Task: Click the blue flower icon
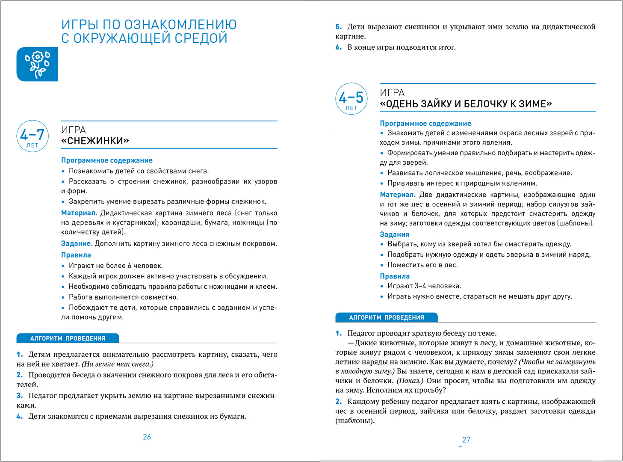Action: coord(37,64)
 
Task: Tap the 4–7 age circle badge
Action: coord(32,136)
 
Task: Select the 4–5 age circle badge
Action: coord(351,99)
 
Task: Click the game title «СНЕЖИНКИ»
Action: coord(95,141)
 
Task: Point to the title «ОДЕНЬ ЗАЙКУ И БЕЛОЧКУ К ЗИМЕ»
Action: coord(466,104)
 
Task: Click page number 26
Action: coord(147,437)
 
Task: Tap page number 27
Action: coord(466,440)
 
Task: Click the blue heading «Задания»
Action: coord(394,234)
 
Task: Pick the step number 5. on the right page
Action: coord(339,27)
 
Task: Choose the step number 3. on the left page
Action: coord(20,396)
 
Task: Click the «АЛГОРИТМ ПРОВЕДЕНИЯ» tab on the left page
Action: coord(68,338)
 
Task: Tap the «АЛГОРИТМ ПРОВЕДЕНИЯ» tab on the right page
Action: coord(387,317)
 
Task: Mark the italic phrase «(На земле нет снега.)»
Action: coord(118,364)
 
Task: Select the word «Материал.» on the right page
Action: coord(398,195)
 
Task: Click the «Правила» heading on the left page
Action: coord(76,255)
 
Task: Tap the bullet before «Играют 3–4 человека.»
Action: coord(382,286)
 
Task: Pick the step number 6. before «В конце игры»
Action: coord(339,47)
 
